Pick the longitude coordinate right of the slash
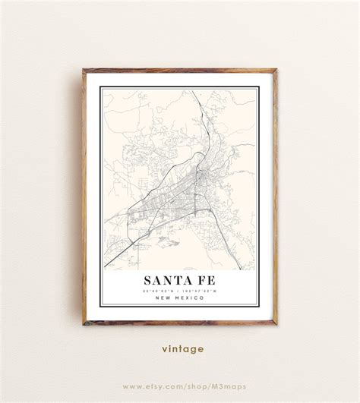pos(201,290)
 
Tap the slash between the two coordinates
pos(180,290)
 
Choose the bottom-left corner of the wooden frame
pos(84,324)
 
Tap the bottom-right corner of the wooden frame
pos(276,324)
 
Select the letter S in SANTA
pos(145,278)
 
